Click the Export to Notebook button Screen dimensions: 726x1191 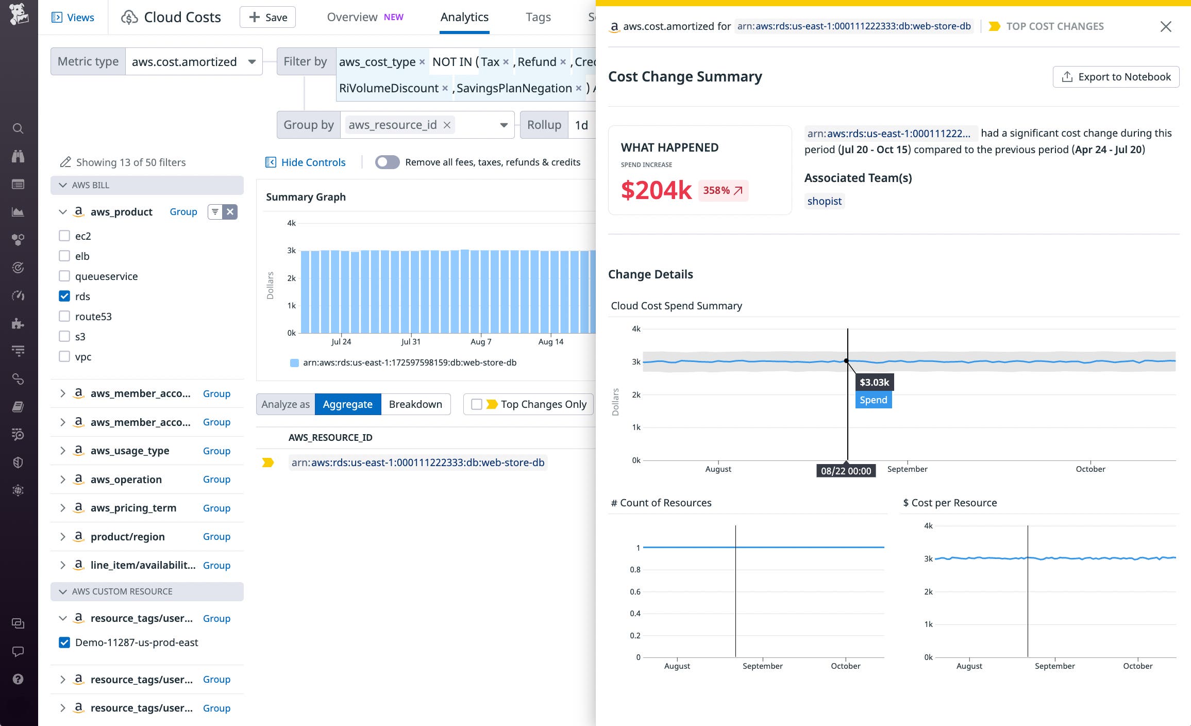click(x=1116, y=77)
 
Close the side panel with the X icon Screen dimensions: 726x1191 click(x=1166, y=26)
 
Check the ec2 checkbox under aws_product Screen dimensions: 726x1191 click(x=64, y=236)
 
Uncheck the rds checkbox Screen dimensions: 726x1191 click(x=64, y=296)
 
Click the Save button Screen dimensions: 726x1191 click(x=267, y=18)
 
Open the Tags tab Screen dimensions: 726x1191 click(x=538, y=18)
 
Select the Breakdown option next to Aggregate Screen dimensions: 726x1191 click(x=415, y=404)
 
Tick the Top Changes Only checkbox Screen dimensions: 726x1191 click(x=477, y=404)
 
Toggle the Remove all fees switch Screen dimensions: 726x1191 click(x=387, y=162)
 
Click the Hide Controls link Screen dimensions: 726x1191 click(x=313, y=162)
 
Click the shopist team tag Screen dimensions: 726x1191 click(x=824, y=201)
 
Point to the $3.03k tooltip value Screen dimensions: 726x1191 click(x=874, y=382)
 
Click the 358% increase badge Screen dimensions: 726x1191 click(x=723, y=190)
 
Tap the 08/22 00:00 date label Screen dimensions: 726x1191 click(x=846, y=471)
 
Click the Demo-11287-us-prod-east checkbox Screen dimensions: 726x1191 click(x=64, y=642)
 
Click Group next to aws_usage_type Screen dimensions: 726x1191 click(x=216, y=451)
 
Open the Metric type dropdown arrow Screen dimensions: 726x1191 click(x=252, y=62)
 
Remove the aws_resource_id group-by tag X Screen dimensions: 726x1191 click(x=447, y=125)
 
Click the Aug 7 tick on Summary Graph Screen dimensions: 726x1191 click(x=481, y=341)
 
